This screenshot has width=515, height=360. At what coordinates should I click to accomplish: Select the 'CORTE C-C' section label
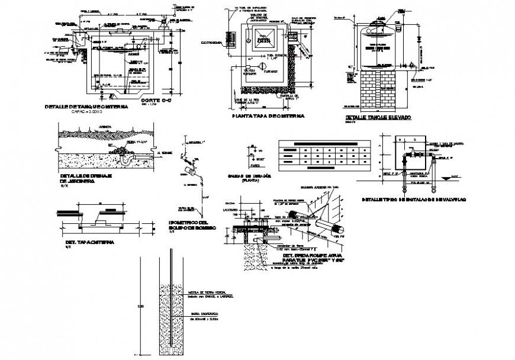click(x=154, y=100)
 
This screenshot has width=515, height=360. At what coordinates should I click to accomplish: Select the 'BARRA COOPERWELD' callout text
click(x=205, y=314)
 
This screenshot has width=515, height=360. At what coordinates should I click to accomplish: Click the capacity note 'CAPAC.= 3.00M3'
click(x=87, y=112)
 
